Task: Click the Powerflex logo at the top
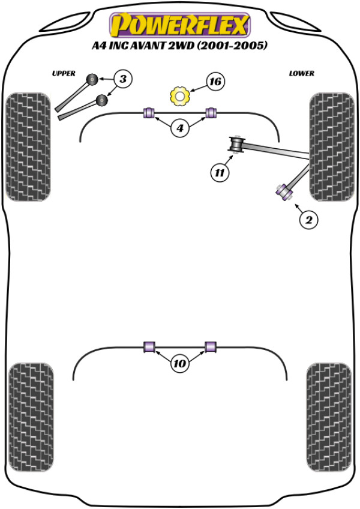click(179, 25)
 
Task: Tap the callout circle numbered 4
click(180, 127)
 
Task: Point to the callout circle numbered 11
click(220, 173)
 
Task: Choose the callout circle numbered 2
click(308, 220)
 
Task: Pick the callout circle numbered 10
click(180, 363)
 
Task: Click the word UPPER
click(64, 73)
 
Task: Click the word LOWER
click(301, 73)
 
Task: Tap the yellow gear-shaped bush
click(179, 95)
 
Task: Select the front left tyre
click(28, 146)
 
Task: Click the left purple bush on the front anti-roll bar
click(149, 112)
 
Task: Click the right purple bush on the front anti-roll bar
click(211, 112)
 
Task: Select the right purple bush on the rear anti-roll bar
click(211, 346)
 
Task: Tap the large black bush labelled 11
click(238, 145)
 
